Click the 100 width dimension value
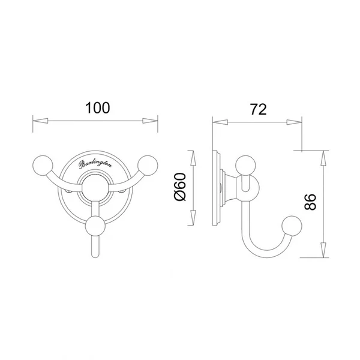pos(98,108)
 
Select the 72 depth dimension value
pos(258,110)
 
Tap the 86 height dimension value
pos(310,202)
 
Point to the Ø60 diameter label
pos(180,187)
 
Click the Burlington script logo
pos(95,164)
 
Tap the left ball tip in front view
pos(43,166)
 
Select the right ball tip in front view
pos(148,166)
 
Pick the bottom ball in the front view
pos(95,226)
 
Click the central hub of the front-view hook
pos(95,189)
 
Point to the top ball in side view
pos(245,166)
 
